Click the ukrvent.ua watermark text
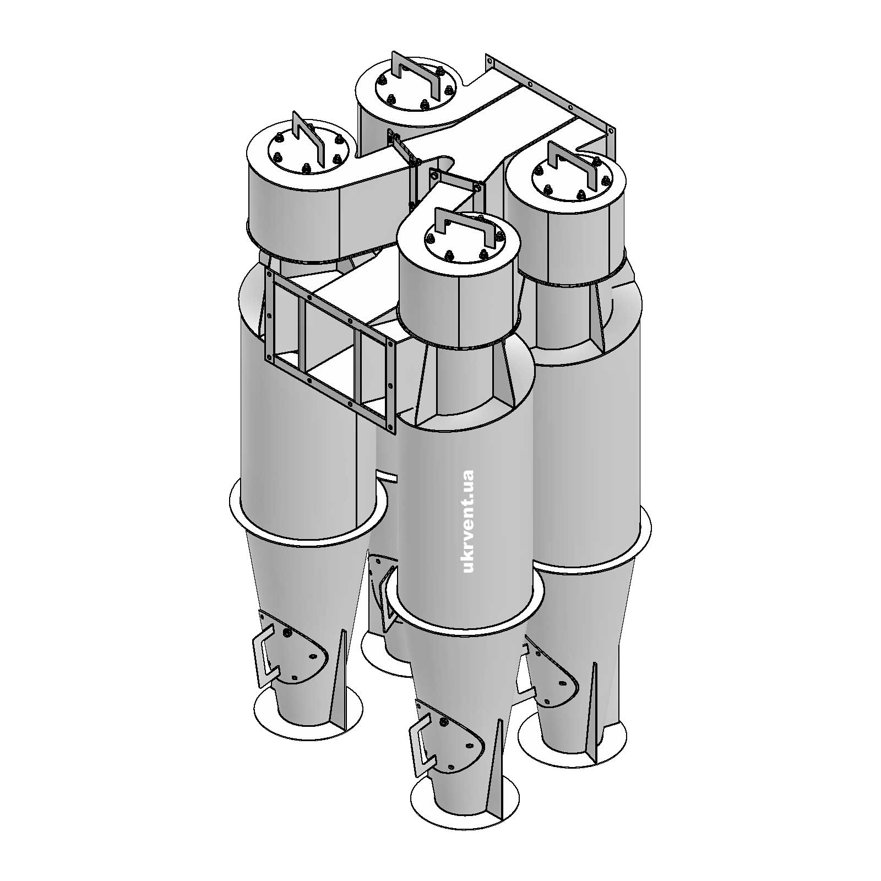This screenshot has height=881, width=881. (469, 521)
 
